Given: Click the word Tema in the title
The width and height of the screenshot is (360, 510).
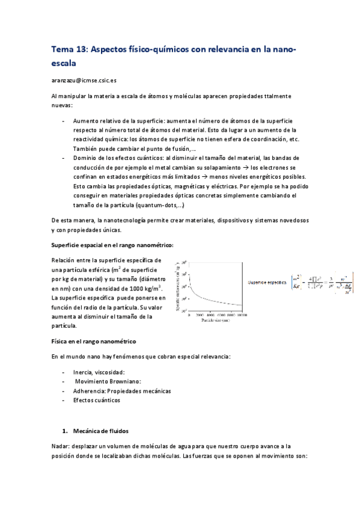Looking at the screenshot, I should [x=64, y=50].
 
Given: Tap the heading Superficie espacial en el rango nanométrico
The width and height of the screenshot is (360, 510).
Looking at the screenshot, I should [x=113, y=245].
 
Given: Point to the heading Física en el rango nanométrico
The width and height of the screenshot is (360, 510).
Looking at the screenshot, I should [x=97, y=342].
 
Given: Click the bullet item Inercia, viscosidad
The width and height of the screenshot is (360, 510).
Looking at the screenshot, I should [x=99, y=372].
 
